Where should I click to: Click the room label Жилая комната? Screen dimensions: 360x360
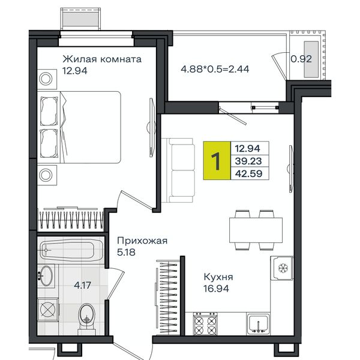pyautogui.click(x=102, y=59)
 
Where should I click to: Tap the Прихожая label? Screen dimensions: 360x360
pyautogui.click(x=142, y=241)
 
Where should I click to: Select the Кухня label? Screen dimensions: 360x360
pyautogui.click(x=218, y=277)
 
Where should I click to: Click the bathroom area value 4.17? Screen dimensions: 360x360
pyautogui.click(x=82, y=286)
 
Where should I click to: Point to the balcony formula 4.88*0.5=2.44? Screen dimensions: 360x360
pyautogui.click(x=215, y=69)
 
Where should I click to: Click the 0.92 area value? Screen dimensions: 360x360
pyautogui.click(x=301, y=59)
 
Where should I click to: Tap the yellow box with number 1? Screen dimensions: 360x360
pyautogui.click(x=217, y=160)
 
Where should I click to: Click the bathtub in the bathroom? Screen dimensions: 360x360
pyautogui.click(x=71, y=250)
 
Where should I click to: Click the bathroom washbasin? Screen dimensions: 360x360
pyautogui.click(x=46, y=276)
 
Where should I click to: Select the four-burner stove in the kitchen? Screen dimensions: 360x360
pyautogui.click(x=205, y=323)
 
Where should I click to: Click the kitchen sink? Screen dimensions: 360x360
pyautogui.click(x=258, y=323)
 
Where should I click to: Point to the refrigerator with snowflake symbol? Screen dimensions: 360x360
pyautogui.click(x=282, y=268)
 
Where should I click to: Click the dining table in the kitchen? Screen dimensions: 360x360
pyautogui.click(x=256, y=230)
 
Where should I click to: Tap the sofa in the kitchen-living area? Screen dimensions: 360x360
pyautogui.click(x=178, y=170)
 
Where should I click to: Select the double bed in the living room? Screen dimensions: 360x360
pyautogui.click(x=79, y=127)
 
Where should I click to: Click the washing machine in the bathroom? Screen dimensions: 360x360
pyautogui.click(x=48, y=310)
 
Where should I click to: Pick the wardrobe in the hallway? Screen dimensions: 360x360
pyautogui.click(x=167, y=297)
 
